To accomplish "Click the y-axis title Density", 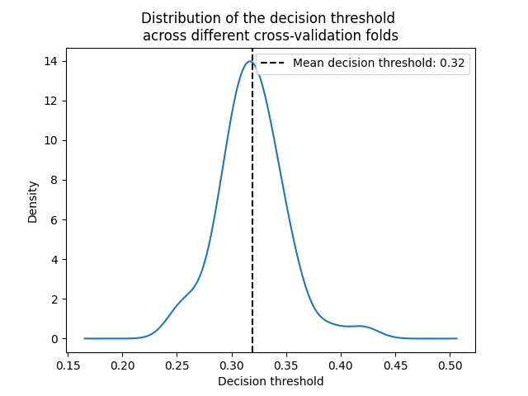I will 32,201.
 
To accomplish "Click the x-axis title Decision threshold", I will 271,381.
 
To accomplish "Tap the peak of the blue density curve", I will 249,61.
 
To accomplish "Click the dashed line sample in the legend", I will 273,64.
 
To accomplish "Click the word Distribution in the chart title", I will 180,18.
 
